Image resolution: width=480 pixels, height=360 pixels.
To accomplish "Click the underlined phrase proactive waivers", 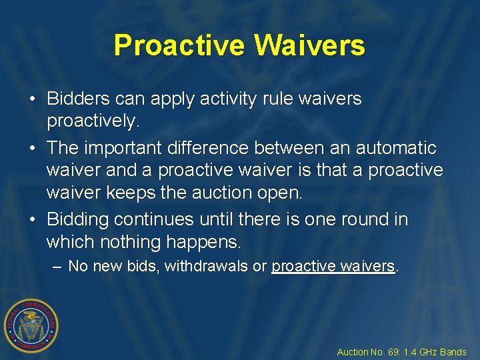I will pyautogui.click(x=333, y=267).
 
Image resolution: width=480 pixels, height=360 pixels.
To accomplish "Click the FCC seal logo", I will pyautogui.click(x=31, y=325).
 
